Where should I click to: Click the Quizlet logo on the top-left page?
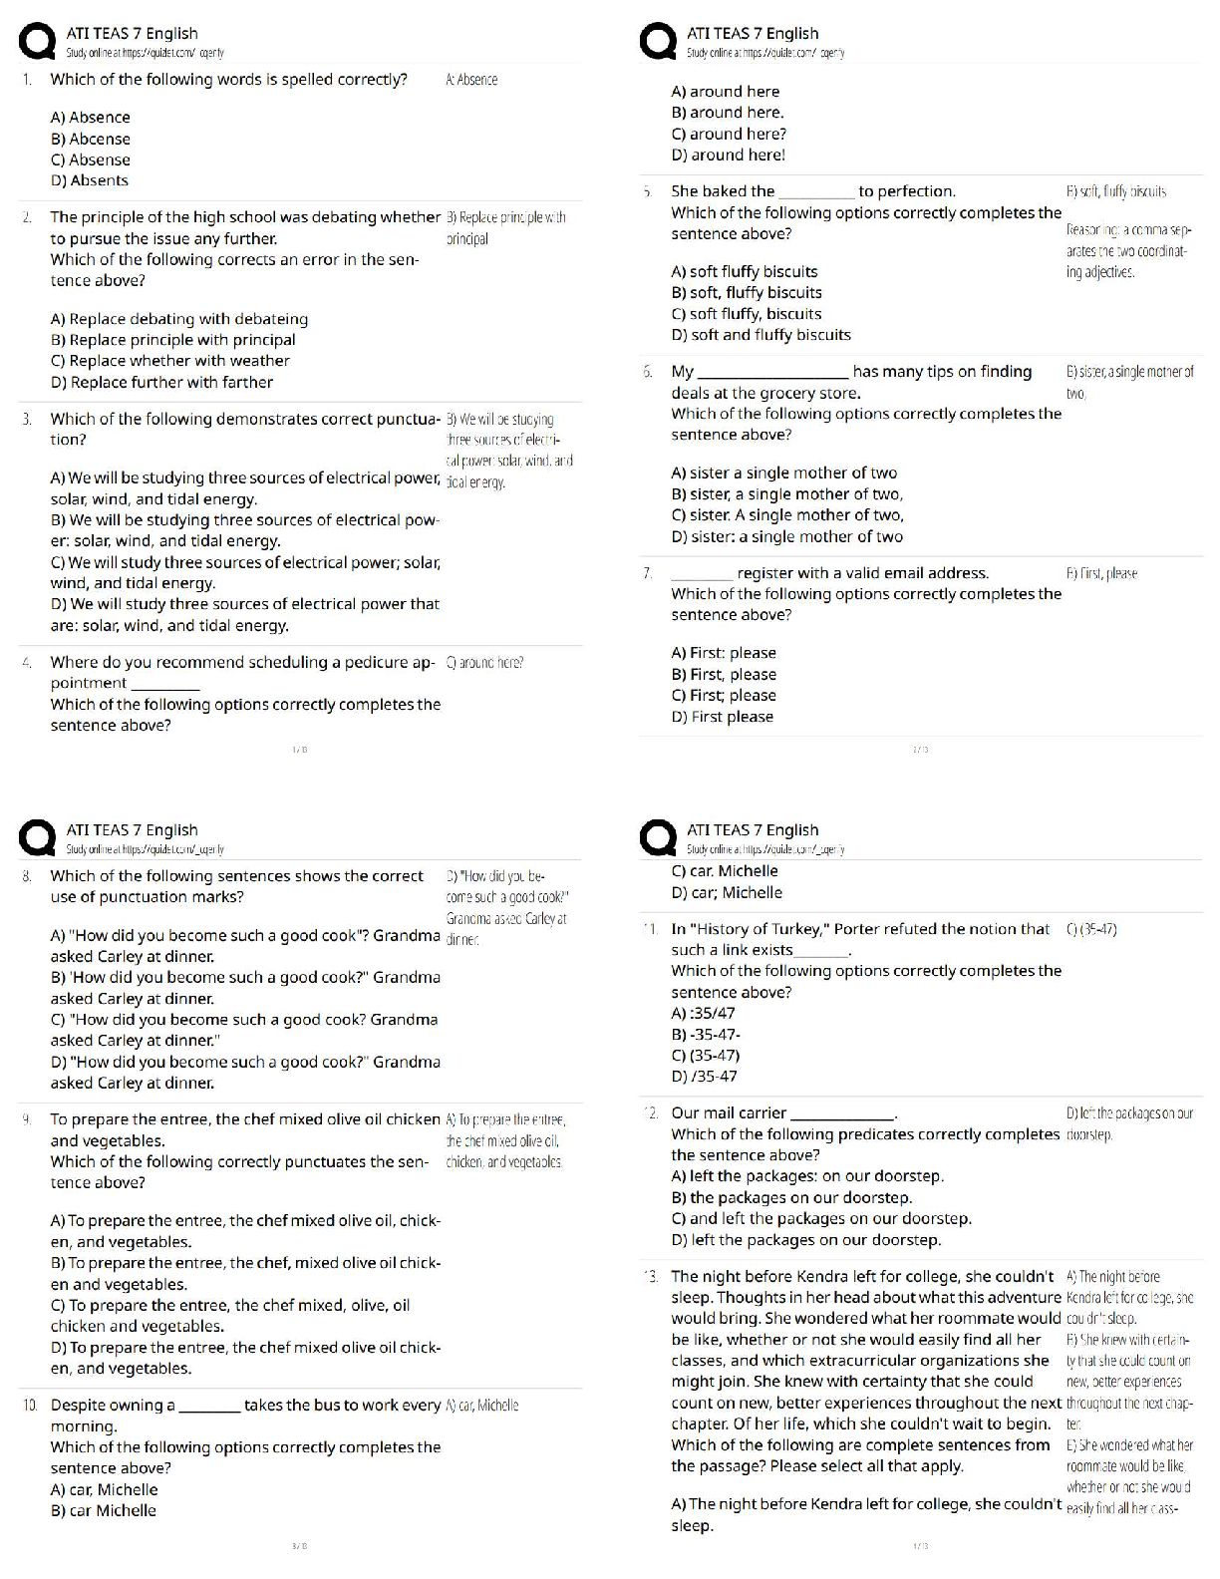[x=37, y=42]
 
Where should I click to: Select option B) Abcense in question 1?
[x=90, y=139]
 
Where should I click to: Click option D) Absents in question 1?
[x=89, y=180]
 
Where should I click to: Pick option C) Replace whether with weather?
[x=169, y=361]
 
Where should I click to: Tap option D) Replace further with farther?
[x=161, y=382]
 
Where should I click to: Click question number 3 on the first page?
[x=27, y=420]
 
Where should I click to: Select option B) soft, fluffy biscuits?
[x=747, y=292]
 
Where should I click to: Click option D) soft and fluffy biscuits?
[x=761, y=335]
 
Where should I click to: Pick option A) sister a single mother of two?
[x=783, y=473]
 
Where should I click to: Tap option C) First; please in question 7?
[x=723, y=695]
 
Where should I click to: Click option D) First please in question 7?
[x=722, y=716]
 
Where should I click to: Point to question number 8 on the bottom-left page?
[x=27, y=876]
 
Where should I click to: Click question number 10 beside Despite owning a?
[x=30, y=1406]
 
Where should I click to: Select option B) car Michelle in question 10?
[x=103, y=1510]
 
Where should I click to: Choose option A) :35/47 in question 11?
[x=703, y=1013]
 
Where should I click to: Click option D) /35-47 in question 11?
[x=704, y=1076]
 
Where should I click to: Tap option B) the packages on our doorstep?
[x=791, y=1197]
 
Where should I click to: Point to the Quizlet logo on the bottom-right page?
[x=658, y=838]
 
